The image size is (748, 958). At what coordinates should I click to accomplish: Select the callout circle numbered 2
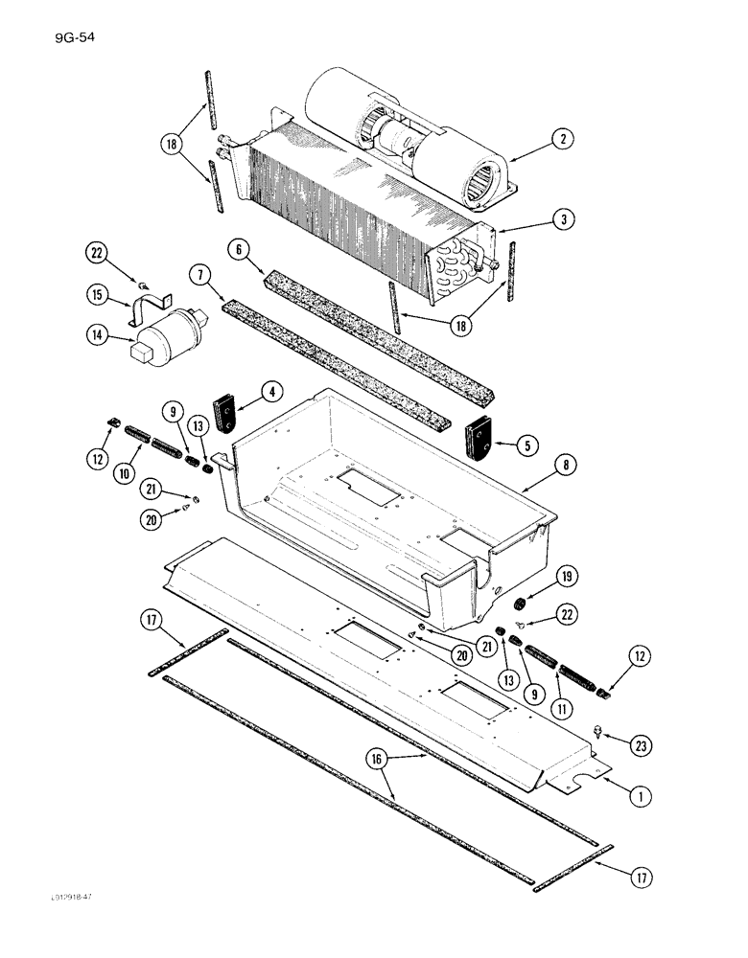pos(564,139)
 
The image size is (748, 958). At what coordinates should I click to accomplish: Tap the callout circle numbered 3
pos(564,219)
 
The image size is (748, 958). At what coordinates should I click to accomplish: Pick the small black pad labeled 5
pos(477,440)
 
